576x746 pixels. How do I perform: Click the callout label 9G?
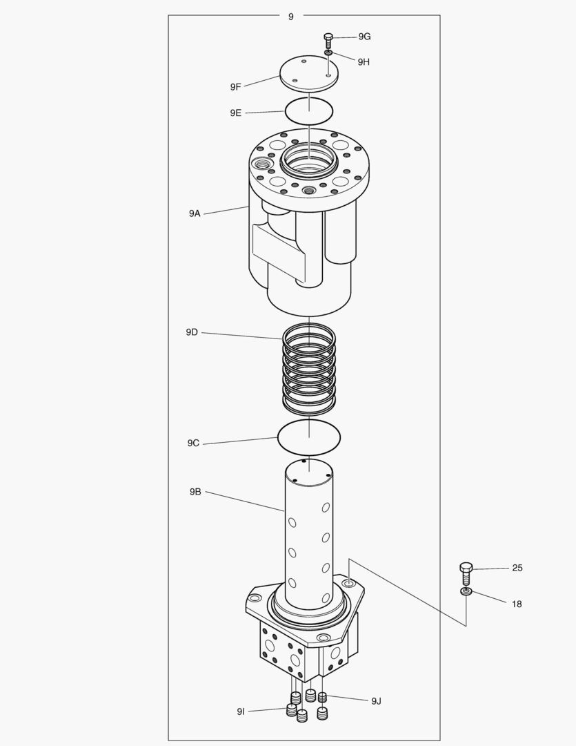point(364,37)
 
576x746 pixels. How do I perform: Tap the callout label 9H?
point(364,61)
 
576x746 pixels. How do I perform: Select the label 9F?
point(236,87)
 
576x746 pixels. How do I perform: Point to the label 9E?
point(236,113)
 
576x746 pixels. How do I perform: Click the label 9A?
point(195,214)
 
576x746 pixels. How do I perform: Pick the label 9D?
point(192,332)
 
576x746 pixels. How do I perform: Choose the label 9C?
point(193,443)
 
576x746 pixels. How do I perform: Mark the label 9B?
point(195,492)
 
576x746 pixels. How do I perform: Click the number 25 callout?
point(517,568)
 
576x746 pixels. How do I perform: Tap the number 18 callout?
point(517,604)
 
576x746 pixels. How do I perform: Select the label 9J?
point(376,701)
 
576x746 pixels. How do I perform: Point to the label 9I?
point(241,711)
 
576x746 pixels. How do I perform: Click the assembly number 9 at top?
point(290,16)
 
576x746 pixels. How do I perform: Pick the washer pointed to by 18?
point(466,592)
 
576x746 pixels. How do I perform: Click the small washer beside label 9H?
point(329,52)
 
